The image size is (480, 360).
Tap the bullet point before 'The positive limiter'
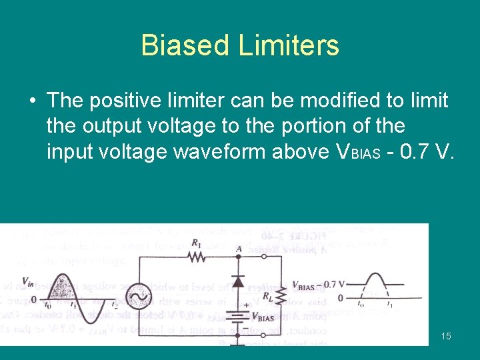point(32,101)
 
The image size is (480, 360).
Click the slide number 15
point(446,336)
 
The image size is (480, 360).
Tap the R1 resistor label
point(196,243)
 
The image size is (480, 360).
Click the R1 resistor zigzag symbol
point(196,257)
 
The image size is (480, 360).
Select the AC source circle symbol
point(141,295)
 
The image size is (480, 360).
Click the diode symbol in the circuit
point(237,281)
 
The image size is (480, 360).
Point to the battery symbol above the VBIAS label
point(237,313)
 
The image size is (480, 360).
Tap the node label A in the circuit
point(238,249)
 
